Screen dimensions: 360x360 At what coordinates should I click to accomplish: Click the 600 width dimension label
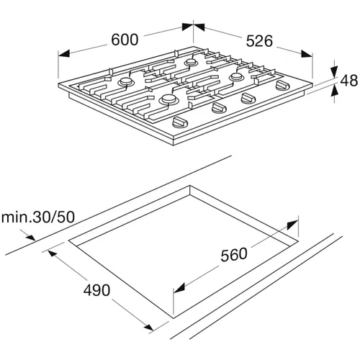click(125, 40)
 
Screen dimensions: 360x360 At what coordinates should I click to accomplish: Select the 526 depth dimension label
click(259, 41)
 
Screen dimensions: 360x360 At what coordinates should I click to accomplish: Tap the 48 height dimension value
click(349, 81)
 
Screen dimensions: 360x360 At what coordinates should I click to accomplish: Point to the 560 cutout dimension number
click(234, 255)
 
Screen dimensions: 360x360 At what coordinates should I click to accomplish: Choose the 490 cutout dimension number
click(96, 290)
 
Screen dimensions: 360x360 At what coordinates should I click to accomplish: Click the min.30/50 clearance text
click(38, 217)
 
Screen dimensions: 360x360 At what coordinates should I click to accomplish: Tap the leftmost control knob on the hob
click(180, 122)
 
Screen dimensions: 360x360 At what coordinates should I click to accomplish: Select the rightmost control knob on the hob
click(283, 86)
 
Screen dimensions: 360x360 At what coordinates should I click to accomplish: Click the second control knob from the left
click(219, 108)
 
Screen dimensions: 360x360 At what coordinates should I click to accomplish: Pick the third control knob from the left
click(248, 98)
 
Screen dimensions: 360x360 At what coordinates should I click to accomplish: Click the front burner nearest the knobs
click(168, 99)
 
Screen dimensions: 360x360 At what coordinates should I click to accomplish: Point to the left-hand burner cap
click(126, 82)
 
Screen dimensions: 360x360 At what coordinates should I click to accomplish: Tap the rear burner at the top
click(191, 62)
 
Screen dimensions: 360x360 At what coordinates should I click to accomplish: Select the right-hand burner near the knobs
click(237, 77)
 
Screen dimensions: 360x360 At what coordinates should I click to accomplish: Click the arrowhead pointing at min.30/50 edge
click(30, 237)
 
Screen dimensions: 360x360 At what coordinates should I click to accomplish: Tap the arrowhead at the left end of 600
click(64, 54)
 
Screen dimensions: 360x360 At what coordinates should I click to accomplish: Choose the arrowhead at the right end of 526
click(307, 54)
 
